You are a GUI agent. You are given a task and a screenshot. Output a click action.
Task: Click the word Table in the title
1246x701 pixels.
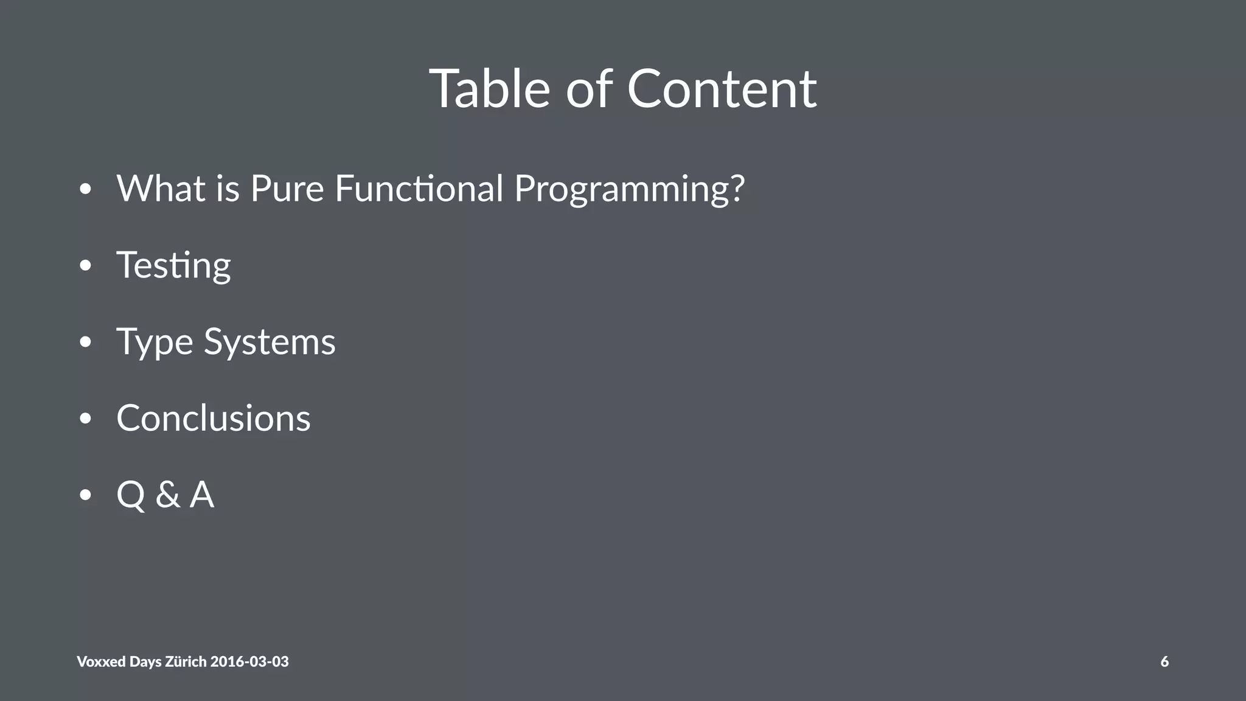(x=490, y=89)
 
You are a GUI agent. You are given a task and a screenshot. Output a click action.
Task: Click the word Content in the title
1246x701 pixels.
(x=722, y=89)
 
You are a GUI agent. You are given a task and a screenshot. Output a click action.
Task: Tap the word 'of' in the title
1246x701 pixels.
(x=589, y=89)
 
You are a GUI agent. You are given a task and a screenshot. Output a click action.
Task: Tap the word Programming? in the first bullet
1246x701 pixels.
(x=629, y=189)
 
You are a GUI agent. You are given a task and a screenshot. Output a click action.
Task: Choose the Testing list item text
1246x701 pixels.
(x=173, y=265)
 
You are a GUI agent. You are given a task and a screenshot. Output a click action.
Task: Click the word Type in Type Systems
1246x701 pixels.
(x=155, y=342)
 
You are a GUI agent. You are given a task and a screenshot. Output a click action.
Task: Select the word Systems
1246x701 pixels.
(x=270, y=342)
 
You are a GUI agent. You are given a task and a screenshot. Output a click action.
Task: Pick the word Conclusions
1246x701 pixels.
(x=214, y=418)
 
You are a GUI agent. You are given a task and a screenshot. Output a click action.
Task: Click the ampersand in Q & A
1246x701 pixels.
(x=167, y=494)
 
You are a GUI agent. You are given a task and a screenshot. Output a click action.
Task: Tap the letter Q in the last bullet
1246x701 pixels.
(x=131, y=494)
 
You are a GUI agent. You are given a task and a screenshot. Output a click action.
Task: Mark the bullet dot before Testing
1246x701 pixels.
(x=85, y=266)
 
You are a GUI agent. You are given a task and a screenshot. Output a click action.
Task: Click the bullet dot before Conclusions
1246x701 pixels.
(x=85, y=419)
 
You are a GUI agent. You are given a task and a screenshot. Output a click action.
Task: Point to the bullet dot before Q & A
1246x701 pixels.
(x=85, y=495)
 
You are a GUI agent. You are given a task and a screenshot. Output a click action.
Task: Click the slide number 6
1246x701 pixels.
(x=1164, y=661)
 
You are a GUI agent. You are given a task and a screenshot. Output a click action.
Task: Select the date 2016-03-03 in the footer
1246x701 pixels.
(x=249, y=661)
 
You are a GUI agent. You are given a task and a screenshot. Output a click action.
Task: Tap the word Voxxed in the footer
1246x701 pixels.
(x=101, y=661)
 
